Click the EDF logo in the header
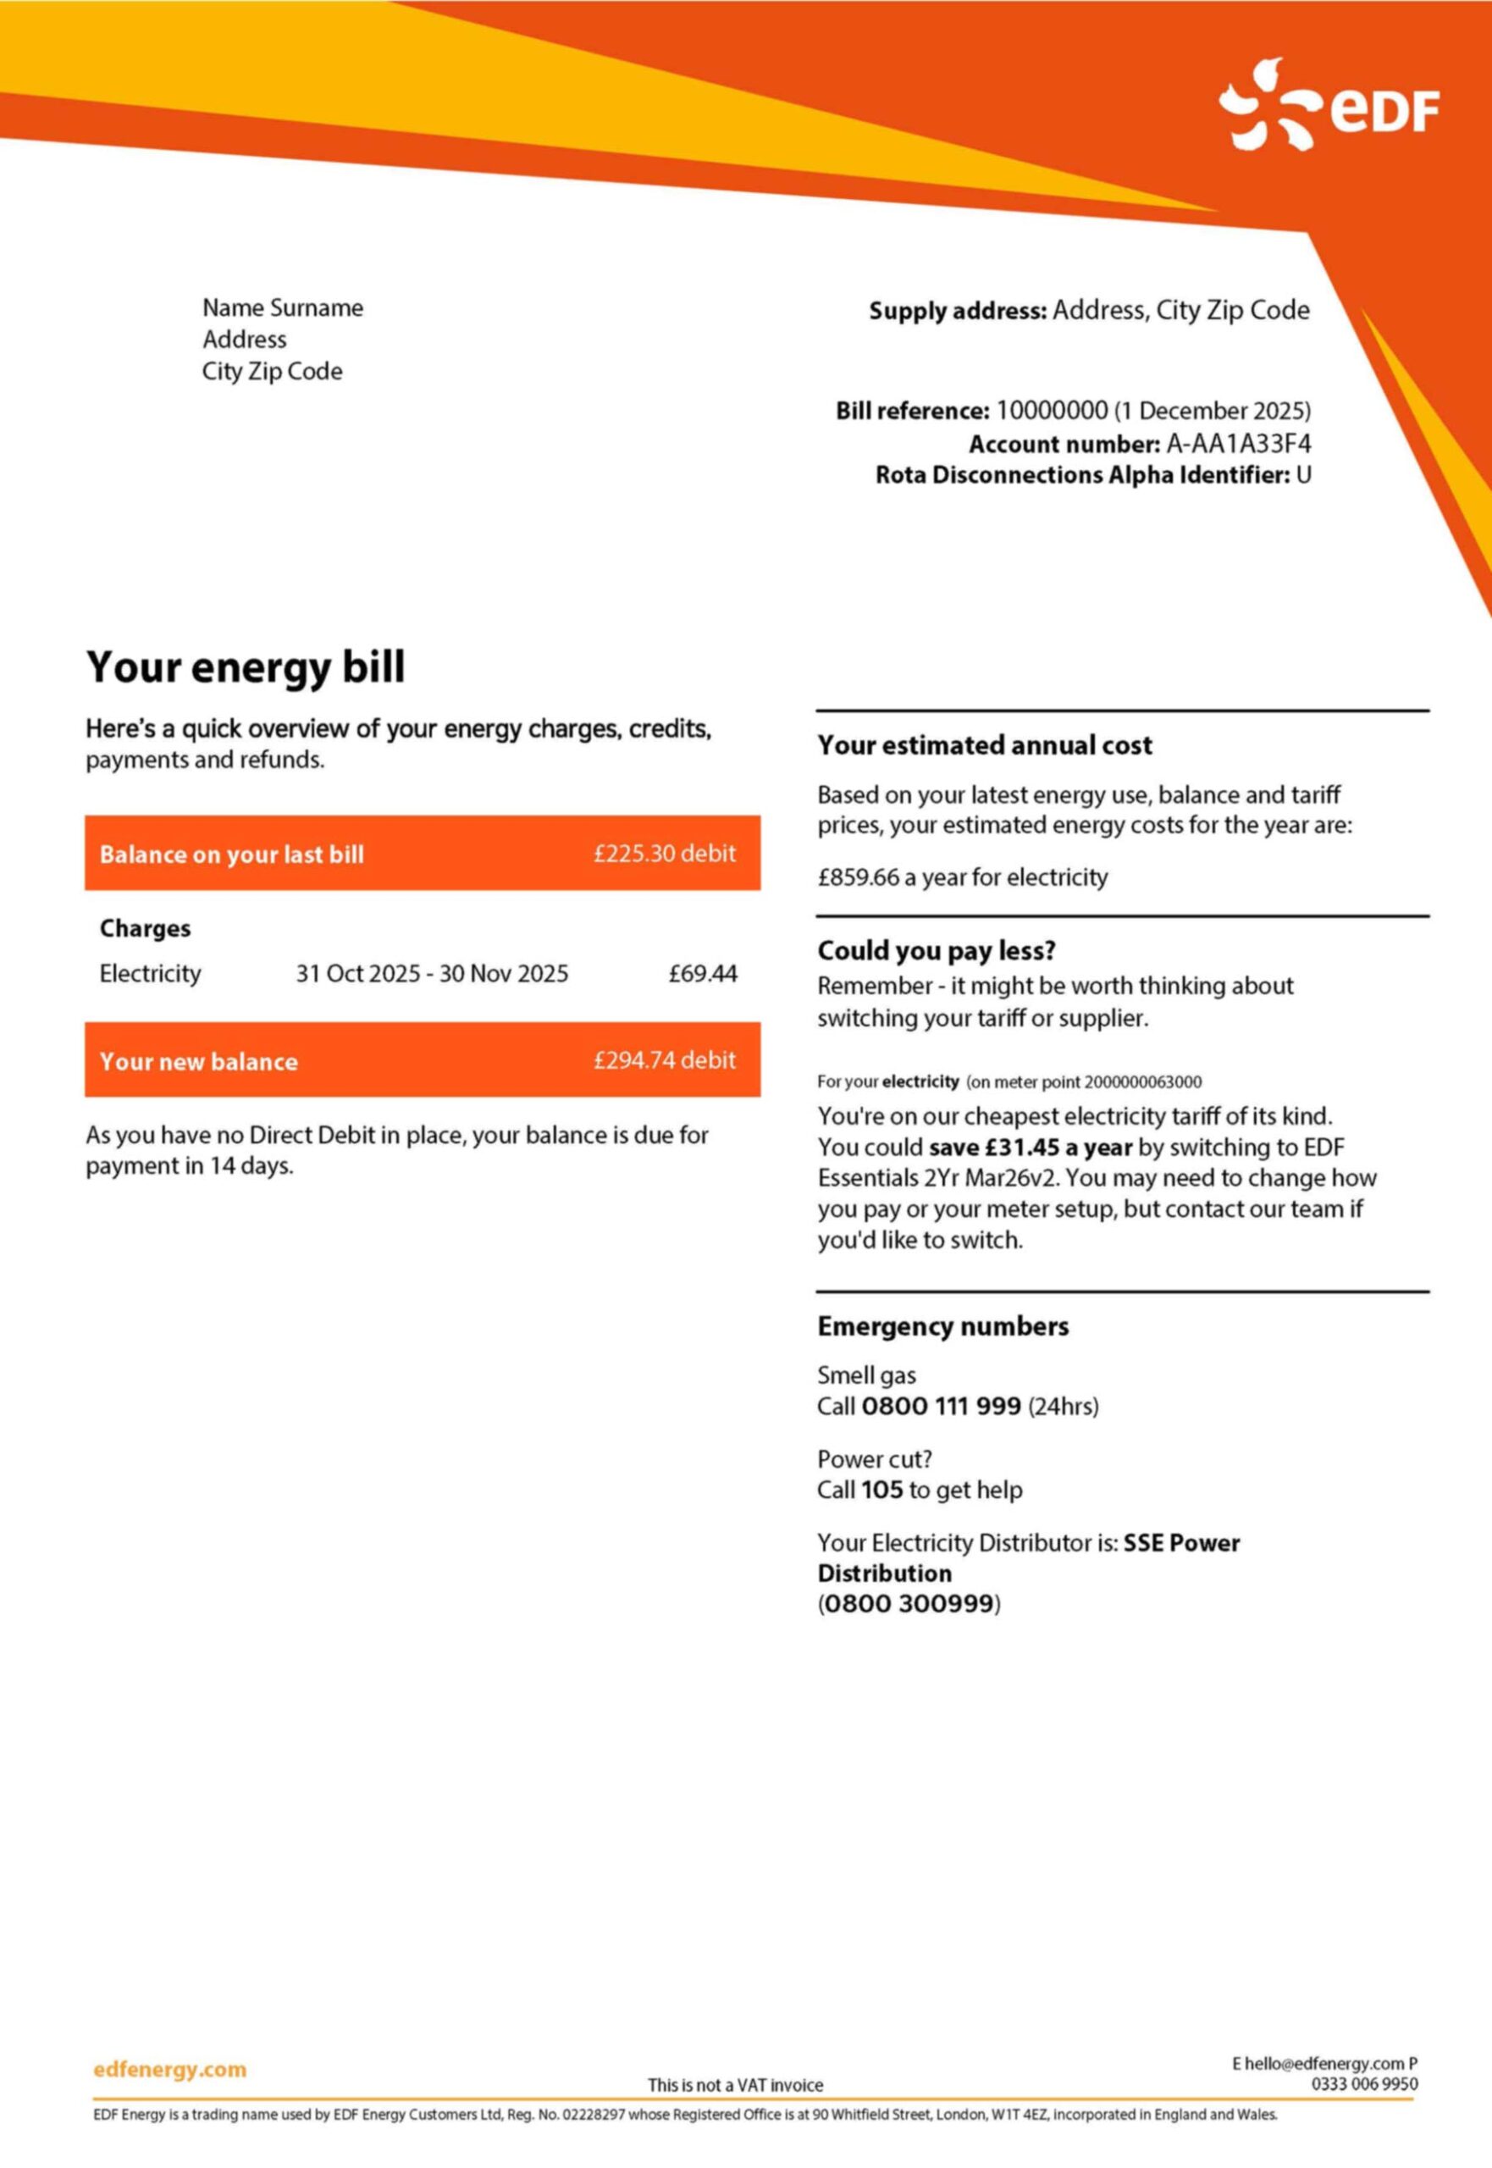1328,106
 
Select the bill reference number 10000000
1052,411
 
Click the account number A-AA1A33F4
1238,443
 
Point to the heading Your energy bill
246,667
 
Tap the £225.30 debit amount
664,853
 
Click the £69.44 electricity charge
702,973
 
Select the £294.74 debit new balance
664,1059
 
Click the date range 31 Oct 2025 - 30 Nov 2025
432,973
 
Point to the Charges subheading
145,928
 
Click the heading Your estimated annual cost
985,745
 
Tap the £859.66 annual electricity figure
857,877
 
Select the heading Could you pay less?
936,951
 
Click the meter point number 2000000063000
1142,1081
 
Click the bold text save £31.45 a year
1031,1148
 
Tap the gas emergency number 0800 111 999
941,1406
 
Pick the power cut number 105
881,1490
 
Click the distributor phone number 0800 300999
909,1603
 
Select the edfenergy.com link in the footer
170,2069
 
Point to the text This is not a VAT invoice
736,2085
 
